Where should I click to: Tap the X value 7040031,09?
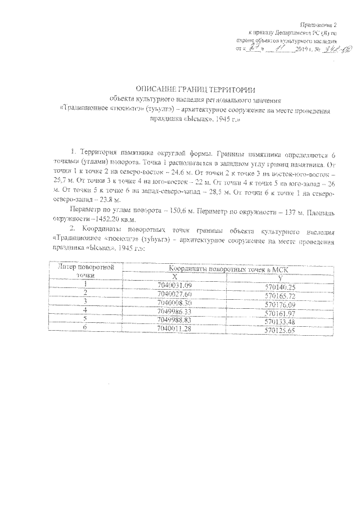pyautogui.click(x=175, y=286)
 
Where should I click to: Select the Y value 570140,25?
pyautogui.click(x=280, y=287)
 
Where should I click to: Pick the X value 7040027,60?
pyautogui.click(x=175, y=294)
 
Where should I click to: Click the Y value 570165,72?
pyautogui.click(x=280, y=295)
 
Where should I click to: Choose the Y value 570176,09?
pyautogui.click(x=280, y=304)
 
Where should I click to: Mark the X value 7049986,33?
pyautogui.click(x=175, y=310)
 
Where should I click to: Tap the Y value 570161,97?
pyautogui.click(x=280, y=312)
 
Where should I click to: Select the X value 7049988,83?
pyautogui.click(x=175, y=319)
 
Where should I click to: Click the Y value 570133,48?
pyautogui.click(x=280, y=321)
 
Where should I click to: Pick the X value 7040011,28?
pyautogui.click(x=175, y=327)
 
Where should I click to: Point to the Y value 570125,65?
pyautogui.click(x=280, y=329)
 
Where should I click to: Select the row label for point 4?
pyautogui.click(x=86, y=310)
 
